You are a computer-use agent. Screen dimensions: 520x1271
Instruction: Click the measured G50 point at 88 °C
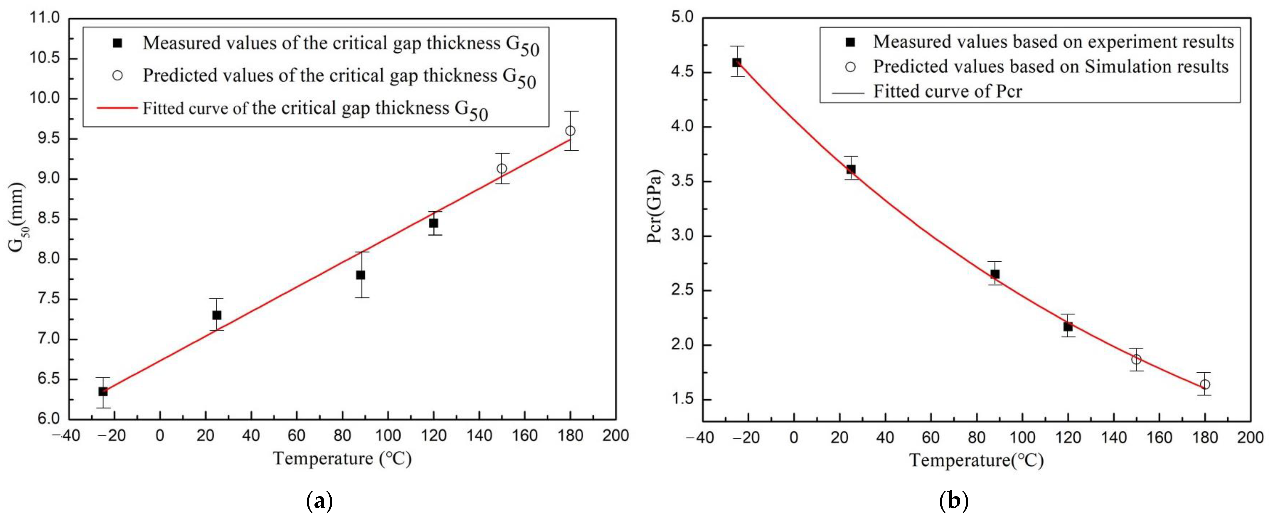click(x=361, y=275)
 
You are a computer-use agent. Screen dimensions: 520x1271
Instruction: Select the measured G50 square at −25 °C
click(x=103, y=391)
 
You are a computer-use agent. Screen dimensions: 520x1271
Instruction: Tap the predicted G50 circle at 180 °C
click(x=570, y=131)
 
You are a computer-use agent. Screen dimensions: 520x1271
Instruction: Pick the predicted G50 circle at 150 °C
click(x=502, y=169)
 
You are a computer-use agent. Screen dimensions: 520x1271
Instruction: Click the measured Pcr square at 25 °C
click(x=851, y=169)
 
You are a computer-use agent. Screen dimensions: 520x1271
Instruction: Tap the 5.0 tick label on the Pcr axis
click(x=682, y=18)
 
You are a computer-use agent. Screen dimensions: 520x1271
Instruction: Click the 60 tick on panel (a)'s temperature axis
click(x=296, y=436)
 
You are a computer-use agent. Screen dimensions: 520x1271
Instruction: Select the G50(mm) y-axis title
click(x=17, y=217)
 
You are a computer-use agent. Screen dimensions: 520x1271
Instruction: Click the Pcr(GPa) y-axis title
click(x=655, y=207)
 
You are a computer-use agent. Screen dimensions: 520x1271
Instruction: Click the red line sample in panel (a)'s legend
click(x=117, y=108)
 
